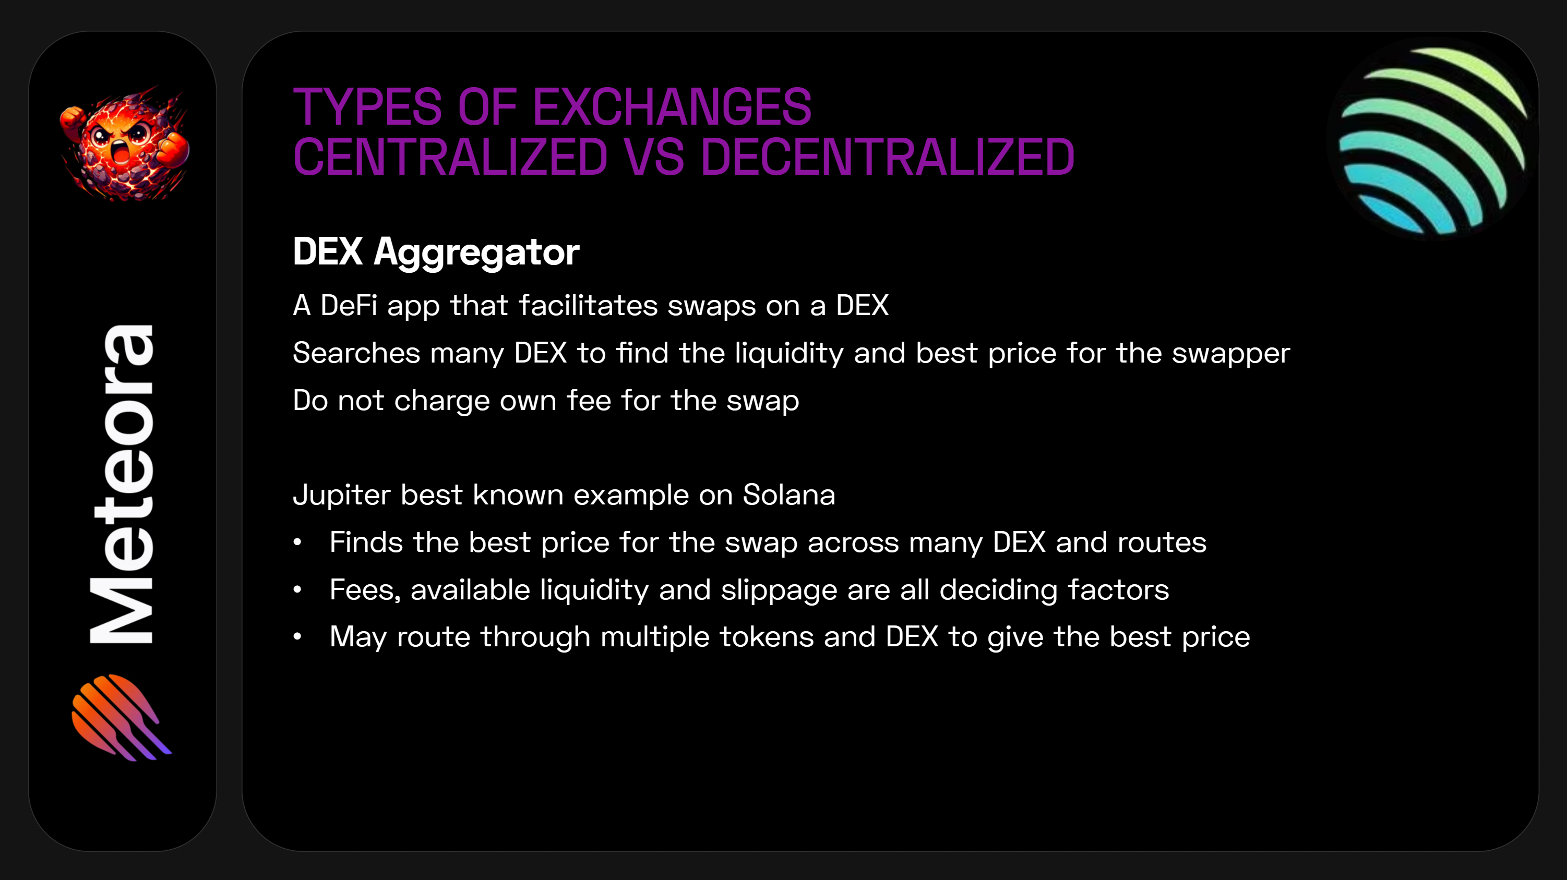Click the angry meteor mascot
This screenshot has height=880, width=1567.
[125, 146]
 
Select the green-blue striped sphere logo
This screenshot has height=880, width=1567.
[1432, 140]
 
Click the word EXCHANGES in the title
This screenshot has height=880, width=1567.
[672, 107]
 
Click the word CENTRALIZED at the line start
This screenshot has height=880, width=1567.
[450, 158]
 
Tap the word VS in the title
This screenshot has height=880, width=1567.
[653, 158]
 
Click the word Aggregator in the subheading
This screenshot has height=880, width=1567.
[476, 252]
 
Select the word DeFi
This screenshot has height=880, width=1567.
[349, 305]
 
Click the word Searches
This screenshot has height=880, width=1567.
[356, 353]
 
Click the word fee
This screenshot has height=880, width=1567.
[588, 400]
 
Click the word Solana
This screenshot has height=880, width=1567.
[789, 495]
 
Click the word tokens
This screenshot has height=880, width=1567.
[767, 637]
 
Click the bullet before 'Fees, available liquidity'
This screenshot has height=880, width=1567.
[297, 589]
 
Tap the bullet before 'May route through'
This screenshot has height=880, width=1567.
[297, 637]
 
